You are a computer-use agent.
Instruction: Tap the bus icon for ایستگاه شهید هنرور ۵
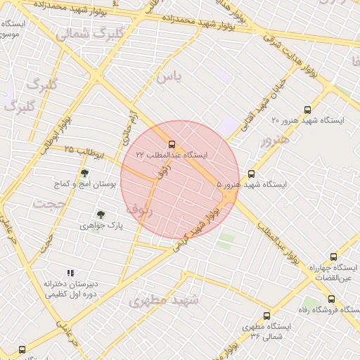(x=252, y=174)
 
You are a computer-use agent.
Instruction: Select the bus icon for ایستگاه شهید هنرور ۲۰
(x=307, y=110)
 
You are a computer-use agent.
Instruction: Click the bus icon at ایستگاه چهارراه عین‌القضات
(x=333, y=257)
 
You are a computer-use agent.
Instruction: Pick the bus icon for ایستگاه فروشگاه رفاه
(x=330, y=299)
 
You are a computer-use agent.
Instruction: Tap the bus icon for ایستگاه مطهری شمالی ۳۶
(x=266, y=316)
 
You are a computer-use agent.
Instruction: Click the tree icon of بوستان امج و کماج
(x=85, y=173)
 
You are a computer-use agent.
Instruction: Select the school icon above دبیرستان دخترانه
(x=70, y=273)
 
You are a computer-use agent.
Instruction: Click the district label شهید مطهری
(x=164, y=300)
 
